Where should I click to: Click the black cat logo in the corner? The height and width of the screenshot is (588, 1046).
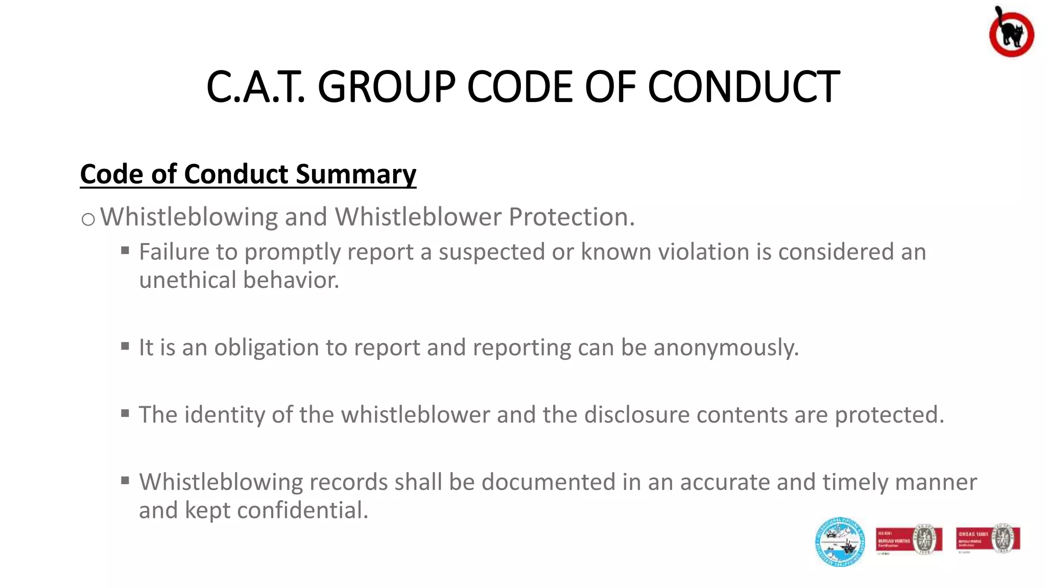1011,32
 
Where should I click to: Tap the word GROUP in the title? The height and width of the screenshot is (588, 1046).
386,87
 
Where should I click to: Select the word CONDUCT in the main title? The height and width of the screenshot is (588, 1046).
743,87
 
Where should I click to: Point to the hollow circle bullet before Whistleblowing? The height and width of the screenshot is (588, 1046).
88,219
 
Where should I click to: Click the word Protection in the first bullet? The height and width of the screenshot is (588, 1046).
572,217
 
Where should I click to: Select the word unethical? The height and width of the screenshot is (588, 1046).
187,280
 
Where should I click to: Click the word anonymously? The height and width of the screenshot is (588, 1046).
726,348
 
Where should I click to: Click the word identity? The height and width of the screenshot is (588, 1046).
224,414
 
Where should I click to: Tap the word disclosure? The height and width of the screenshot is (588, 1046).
637,414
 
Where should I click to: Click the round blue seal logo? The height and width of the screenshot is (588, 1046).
840,542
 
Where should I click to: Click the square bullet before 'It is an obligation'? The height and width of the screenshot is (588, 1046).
125,346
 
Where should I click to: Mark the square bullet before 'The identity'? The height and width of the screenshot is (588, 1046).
125,413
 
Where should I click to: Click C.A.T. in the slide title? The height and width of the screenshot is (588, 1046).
255,87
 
